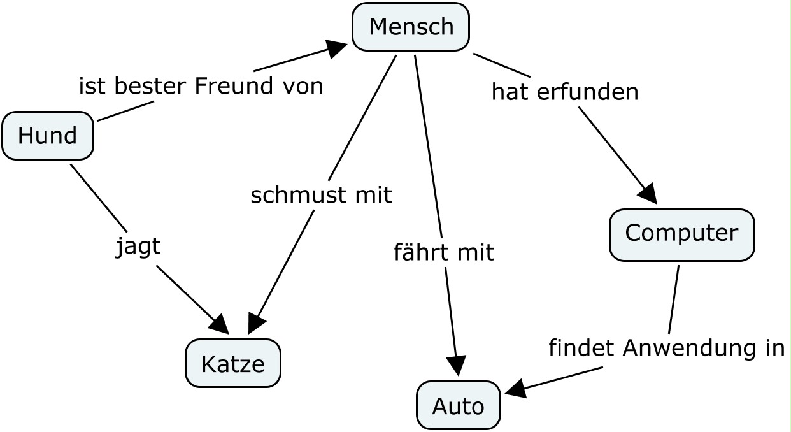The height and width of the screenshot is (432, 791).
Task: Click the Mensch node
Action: pos(411,27)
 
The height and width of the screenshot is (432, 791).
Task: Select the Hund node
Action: pos(48,136)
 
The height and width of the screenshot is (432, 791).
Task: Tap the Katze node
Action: pos(232,363)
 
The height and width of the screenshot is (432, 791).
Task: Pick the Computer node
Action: pos(681,234)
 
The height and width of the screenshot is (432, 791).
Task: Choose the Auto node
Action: pos(458,405)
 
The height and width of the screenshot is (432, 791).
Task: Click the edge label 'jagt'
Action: pos(138,247)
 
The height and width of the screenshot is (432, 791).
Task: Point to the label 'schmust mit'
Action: pos(320,195)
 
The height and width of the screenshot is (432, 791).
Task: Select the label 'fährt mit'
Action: pos(443,252)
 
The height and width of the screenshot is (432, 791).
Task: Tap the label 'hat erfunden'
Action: pos(564,92)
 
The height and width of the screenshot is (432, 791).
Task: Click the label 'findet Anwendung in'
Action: pos(666,348)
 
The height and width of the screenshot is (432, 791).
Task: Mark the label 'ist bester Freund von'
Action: pos(201,85)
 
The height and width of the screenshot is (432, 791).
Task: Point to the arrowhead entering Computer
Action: pos(648,194)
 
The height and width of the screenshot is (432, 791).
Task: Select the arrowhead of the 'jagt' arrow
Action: pos(220,326)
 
